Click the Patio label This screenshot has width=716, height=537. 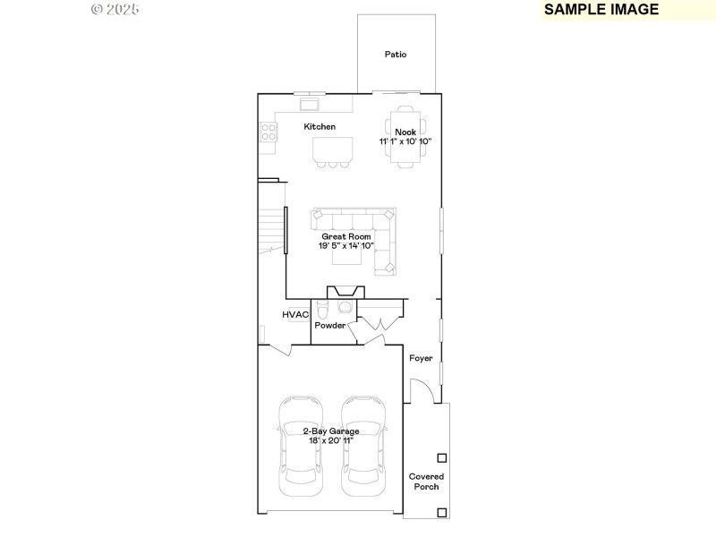point(396,55)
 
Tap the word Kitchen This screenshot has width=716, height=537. point(320,127)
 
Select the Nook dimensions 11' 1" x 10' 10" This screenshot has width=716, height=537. point(405,141)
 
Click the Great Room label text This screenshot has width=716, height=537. point(346,236)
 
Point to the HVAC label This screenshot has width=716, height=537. point(295,315)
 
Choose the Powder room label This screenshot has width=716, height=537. point(329,326)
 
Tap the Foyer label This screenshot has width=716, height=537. point(421,358)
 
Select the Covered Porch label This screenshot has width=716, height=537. point(426,482)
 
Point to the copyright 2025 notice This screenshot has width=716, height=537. point(115,9)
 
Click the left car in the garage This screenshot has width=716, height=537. point(301,447)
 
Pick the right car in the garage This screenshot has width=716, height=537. point(363,447)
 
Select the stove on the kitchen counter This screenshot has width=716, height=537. point(268,132)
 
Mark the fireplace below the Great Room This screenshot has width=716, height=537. point(345,292)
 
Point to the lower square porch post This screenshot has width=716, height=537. point(441,512)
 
